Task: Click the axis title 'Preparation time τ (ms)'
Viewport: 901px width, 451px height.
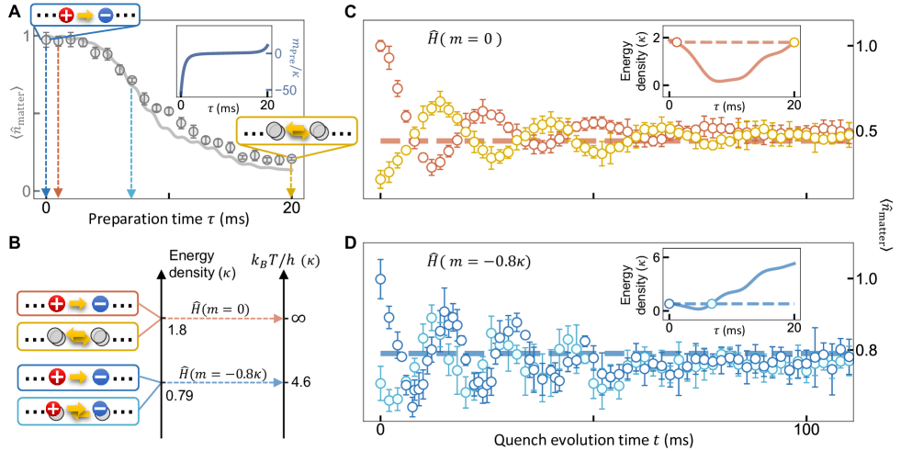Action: point(166,221)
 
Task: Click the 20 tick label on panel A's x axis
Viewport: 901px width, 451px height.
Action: point(292,208)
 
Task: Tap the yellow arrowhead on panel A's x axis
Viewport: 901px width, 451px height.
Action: point(291,192)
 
